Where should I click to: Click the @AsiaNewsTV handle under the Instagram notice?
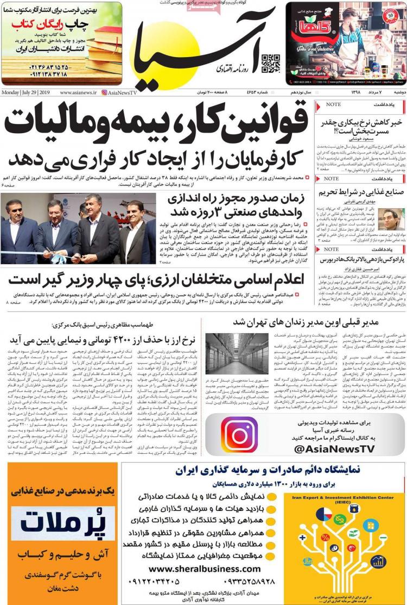(334, 448)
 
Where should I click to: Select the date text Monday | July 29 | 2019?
(26, 92)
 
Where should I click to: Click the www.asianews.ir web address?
(78, 92)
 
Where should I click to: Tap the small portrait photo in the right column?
(391, 219)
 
